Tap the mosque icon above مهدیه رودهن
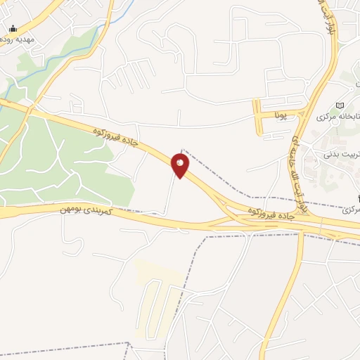tap(13, 29)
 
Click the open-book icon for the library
tap(341, 105)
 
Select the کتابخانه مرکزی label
tap(336, 116)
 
